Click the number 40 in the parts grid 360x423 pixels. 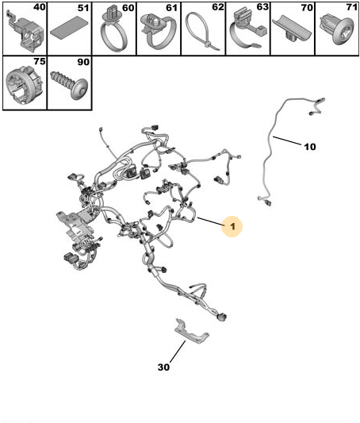tap(40, 7)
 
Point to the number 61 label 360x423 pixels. tap(172, 8)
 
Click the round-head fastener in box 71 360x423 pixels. tap(337, 29)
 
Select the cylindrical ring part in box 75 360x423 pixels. tap(25, 85)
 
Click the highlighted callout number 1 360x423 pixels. tap(232, 226)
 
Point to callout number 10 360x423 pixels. tap(310, 147)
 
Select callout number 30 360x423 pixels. tap(163, 367)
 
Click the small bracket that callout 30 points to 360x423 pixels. tap(192, 332)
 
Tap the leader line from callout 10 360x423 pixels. tap(287, 140)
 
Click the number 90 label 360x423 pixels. tap(83, 62)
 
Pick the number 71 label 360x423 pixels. tap(352, 7)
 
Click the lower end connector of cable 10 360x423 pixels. tap(268, 203)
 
